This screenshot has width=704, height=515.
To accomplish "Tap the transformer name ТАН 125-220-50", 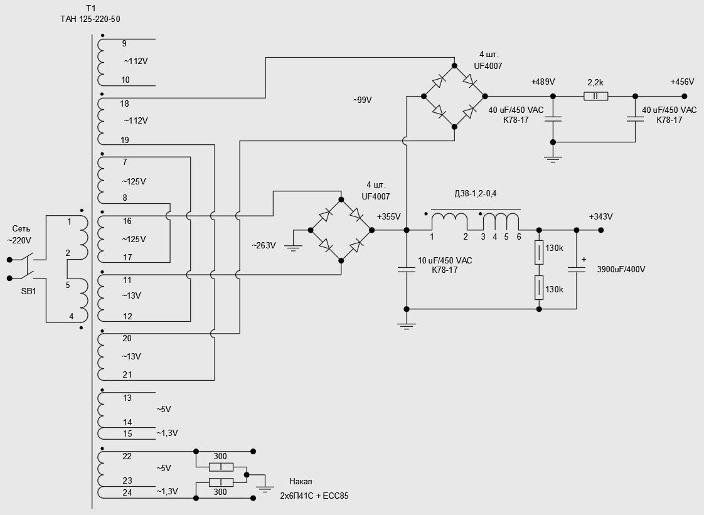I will tap(90, 19).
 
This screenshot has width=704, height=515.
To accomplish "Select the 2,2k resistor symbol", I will tap(595, 96).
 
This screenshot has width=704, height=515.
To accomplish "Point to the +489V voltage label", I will tap(543, 82).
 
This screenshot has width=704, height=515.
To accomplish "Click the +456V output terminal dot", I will tap(685, 96).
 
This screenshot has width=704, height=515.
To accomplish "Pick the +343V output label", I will tap(600, 216).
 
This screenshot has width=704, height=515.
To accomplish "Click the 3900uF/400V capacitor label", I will tap(621, 270).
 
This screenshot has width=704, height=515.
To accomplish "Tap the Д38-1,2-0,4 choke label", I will tap(475, 193).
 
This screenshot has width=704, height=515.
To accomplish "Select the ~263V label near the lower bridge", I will tap(264, 246).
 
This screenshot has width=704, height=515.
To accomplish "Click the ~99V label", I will tap(362, 100).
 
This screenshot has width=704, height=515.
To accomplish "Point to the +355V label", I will tap(388, 216).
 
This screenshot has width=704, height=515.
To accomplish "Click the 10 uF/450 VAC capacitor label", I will tap(445, 260).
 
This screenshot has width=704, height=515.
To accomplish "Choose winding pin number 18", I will tap(124, 104).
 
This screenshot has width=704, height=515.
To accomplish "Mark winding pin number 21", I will tap(127, 374).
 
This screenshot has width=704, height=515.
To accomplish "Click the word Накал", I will tap(301, 482).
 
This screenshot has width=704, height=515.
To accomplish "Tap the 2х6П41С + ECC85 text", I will tap(314, 496).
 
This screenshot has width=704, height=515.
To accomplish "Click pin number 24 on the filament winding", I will tap(127, 492).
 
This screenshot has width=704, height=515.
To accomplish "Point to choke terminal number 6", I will tap(519, 236).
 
